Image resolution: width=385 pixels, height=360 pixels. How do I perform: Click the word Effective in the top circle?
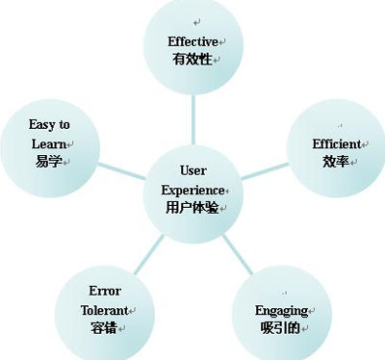[192, 41]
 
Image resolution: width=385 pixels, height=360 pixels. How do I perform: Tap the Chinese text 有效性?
[191, 59]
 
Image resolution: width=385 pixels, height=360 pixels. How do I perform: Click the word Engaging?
[280, 310]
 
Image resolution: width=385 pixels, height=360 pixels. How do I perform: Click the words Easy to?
[50, 125]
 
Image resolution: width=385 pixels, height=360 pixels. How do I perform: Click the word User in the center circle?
[192, 171]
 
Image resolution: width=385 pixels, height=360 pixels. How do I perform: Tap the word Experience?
[191, 190]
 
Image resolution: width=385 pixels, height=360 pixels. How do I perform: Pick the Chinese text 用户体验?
[191, 207]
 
